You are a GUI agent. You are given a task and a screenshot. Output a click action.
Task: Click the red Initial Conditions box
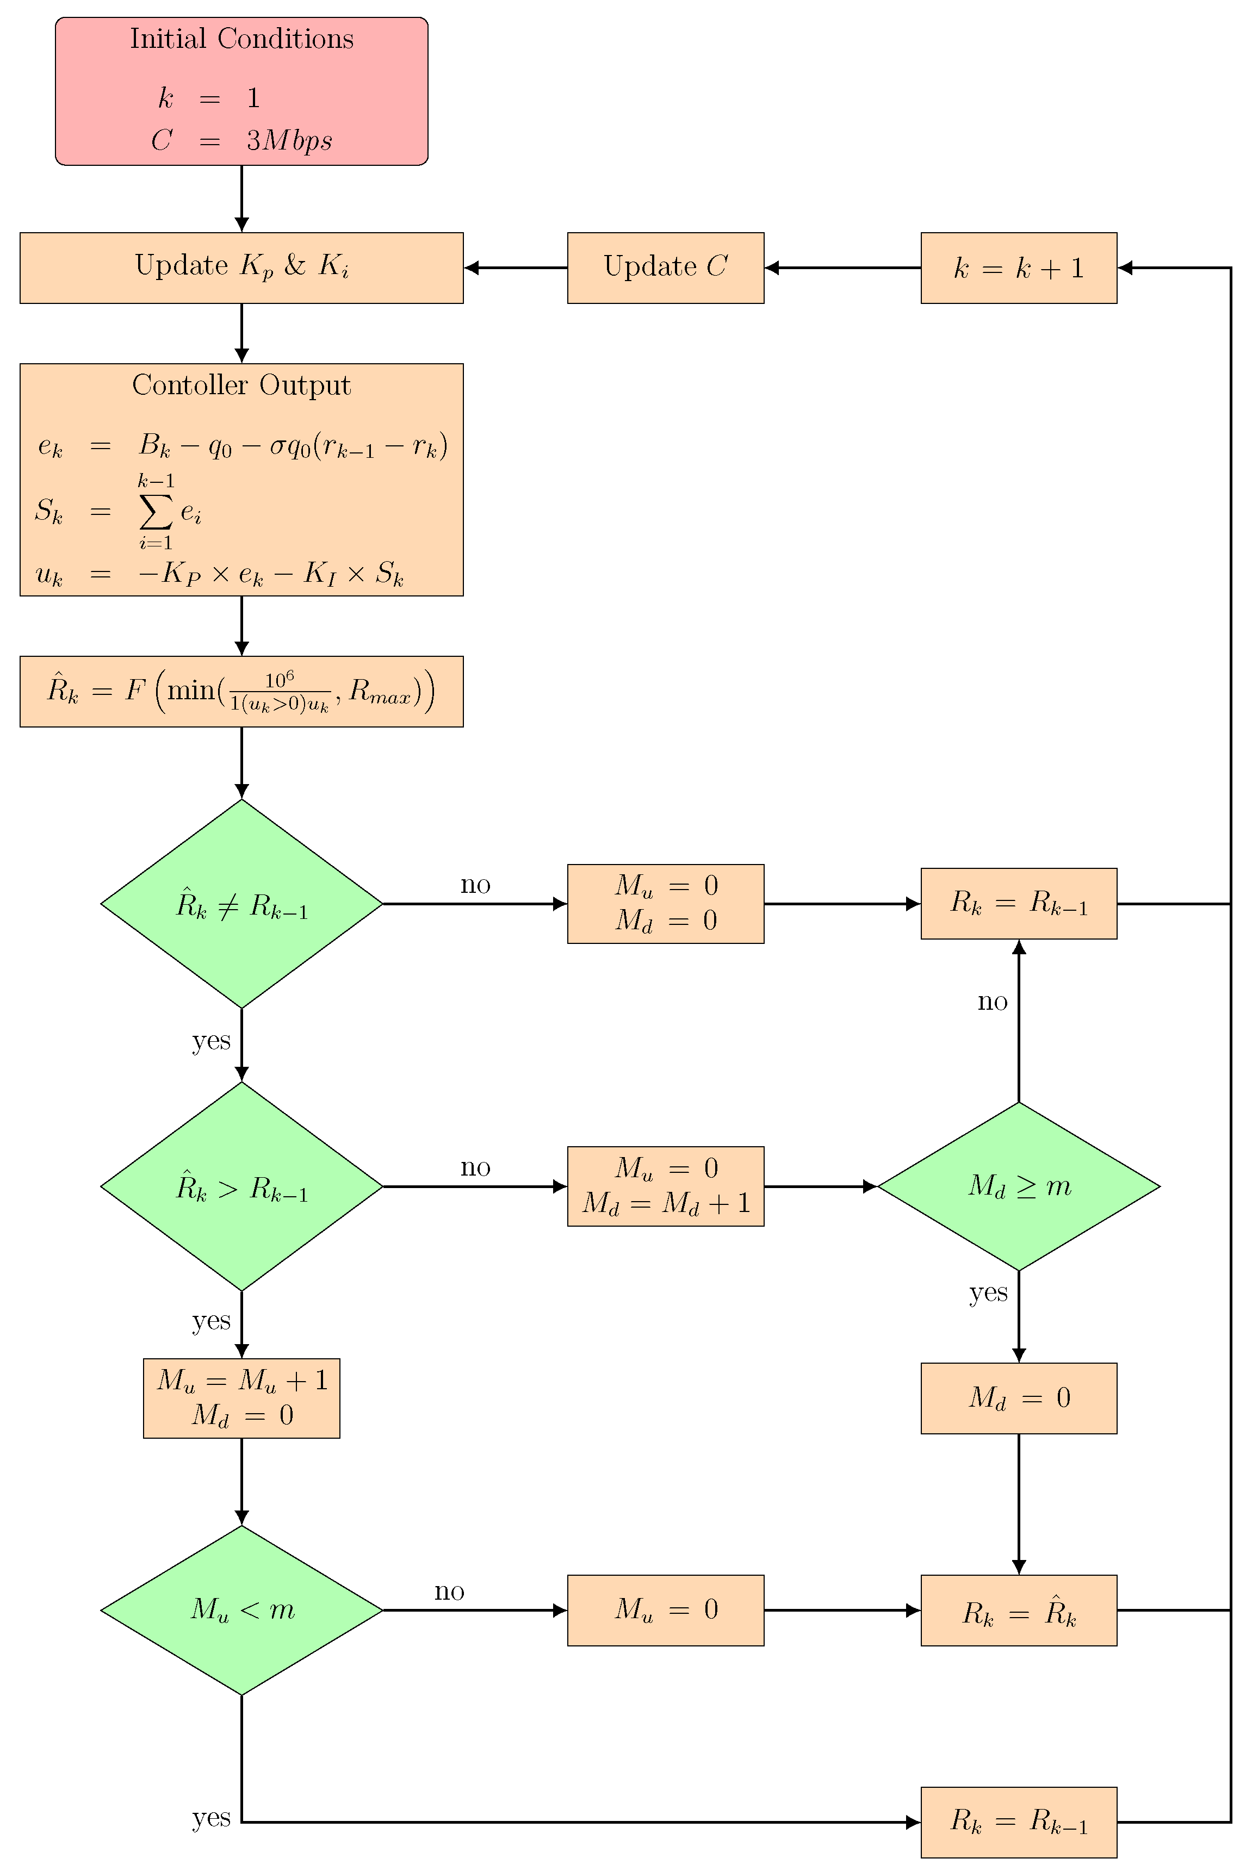[241, 91]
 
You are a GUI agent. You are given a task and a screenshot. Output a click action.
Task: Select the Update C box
[665, 268]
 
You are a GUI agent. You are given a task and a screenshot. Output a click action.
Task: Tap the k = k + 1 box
[1018, 268]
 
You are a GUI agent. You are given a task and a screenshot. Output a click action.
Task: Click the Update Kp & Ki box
[241, 268]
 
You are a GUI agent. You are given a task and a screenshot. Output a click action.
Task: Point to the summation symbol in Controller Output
[155, 512]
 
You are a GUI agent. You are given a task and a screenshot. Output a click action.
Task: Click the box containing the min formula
[241, 691]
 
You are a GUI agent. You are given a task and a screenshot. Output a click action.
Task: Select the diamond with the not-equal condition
[241, 903]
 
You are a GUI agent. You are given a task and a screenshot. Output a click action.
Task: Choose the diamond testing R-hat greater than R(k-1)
[241, 1186]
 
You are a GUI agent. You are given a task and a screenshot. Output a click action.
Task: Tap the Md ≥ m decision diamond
[1018, 1186]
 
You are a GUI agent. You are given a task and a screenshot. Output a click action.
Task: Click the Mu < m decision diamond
[241, 1611]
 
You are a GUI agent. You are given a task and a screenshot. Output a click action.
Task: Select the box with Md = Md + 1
[665, 1186]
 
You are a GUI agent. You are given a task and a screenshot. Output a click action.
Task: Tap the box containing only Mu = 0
[665, 1611]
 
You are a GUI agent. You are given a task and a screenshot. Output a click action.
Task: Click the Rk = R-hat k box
[1018, 1611]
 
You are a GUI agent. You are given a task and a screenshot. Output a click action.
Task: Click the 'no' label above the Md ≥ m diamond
[991, 1001]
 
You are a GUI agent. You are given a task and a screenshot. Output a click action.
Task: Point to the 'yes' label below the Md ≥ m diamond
[988, 1292]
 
